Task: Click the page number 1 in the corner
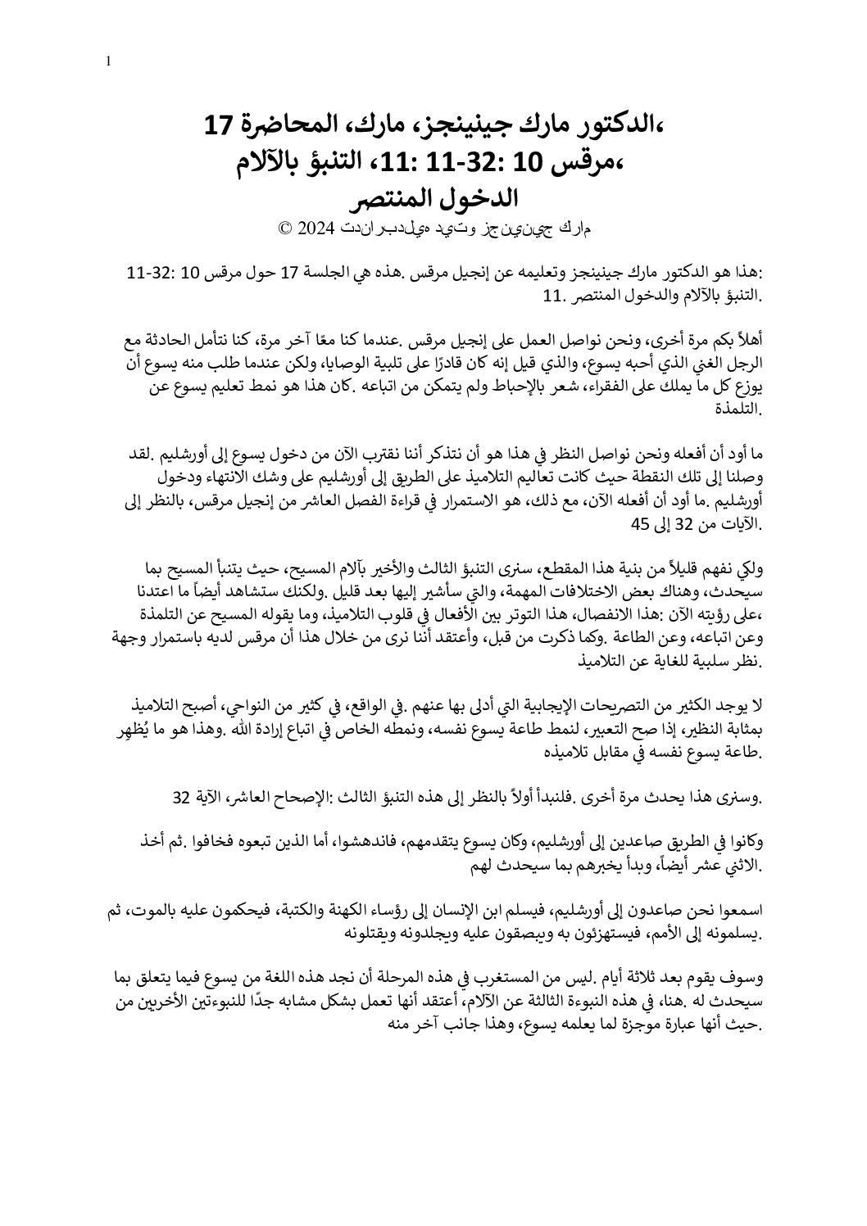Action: [x=109, y=61]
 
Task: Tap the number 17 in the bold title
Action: [x=220, y=125]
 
